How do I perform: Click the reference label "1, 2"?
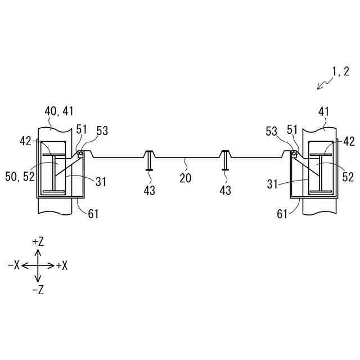tap(340, 71)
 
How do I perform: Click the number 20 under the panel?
tap(185, 178)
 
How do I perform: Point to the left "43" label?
tap(149, 191)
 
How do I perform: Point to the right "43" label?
tap(225, 191)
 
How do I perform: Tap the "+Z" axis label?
tap(38, 241)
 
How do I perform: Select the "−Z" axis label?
tap(38, 290)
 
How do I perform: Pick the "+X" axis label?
tap(61, 265)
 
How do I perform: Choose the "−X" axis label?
tap(13, 265)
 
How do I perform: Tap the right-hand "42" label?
tap(349, 141)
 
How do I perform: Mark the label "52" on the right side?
tap(348, 177)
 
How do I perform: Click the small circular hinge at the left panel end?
tap(81, 154)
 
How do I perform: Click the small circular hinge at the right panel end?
tap(294, 154)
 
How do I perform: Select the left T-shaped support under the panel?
tap(149, 160)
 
